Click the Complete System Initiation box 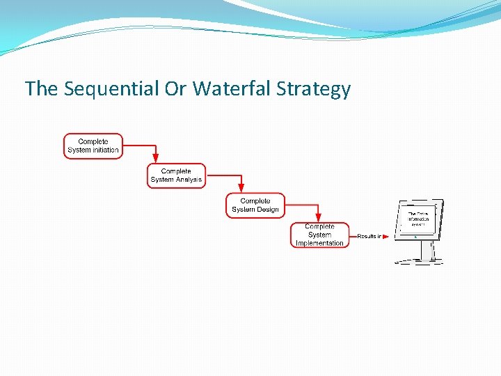[93, 146]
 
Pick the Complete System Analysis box [176, 175]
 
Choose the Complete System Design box [255, 205]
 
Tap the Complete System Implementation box [319, 235]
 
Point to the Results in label [368, 236]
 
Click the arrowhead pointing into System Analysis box [156, 159]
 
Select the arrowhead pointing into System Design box [241, 188]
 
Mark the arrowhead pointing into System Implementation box [318, 217]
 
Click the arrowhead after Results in [385, 236]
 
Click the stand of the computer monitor [426, 251]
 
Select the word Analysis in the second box [189, 180]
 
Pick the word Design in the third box [268, 210]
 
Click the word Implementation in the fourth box [319, 243]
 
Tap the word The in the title [38, 89]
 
